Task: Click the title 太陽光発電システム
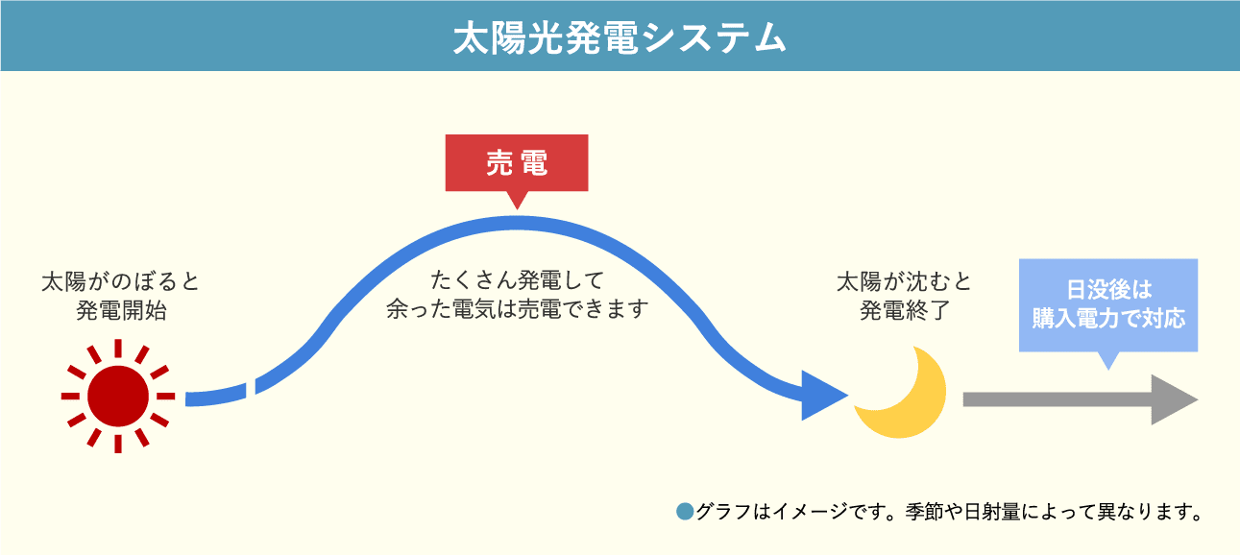point(620,37)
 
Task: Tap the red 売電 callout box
point(517,163)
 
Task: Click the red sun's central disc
point(118,397)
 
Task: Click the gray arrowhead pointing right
point(1174,399)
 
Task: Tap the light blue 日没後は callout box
point(1108,305)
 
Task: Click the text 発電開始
point(121,311)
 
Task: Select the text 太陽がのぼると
point(120,281)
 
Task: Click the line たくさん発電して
point(517,280)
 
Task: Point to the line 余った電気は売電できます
point(517,309)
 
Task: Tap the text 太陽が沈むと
point(904,281)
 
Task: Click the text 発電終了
point(905,311)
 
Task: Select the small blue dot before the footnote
point(686,511)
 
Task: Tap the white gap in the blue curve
point(251,389)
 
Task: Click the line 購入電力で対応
point(1108,318)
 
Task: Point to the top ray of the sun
point(118,348)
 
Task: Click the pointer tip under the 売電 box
point(517,209)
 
